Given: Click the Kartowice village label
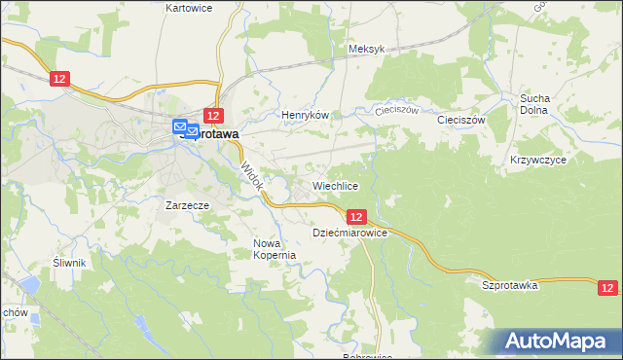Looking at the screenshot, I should tap(189, 8).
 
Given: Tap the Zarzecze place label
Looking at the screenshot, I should tap(188, 205).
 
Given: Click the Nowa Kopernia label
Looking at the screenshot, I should tap(274, 249).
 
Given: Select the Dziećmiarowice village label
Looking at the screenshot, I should tap(350, 234).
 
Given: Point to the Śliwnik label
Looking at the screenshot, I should tap(70, 263).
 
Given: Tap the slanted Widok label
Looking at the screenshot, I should tap(251, 176).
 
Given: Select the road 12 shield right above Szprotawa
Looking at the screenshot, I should tap(214, 116).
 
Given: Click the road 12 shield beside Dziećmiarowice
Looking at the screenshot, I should tap(355, 217).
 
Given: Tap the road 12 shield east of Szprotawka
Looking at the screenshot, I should tap(607, 287).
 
